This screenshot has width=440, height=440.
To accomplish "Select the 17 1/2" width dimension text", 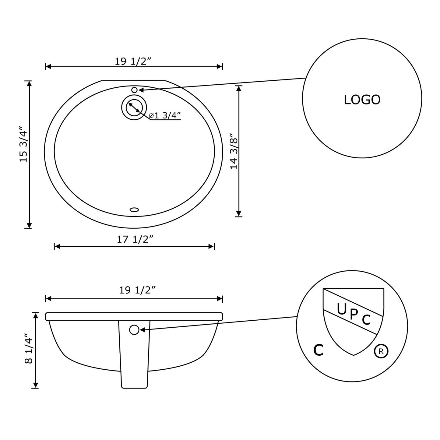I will tap(135, 240).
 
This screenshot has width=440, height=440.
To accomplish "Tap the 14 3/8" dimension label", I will tap(234, 151).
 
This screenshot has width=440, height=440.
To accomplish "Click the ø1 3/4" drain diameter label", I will tap(165, 115).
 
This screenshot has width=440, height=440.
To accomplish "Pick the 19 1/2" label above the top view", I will tap(133, 62).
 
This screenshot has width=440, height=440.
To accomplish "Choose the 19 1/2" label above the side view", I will tap(138, 290).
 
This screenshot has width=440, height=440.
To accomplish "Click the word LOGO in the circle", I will tap(362, 100).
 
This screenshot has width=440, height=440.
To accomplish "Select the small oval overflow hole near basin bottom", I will tap(134, 209).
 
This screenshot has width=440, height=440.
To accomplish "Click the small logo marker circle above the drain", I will tap(134, 90).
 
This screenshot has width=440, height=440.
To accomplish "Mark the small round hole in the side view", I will tap(134, 330).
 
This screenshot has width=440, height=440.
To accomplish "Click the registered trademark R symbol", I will tap(381, 351).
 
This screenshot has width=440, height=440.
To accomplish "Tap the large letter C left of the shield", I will tap(318, 350).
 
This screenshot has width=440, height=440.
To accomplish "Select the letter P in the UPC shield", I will tap(354, 314).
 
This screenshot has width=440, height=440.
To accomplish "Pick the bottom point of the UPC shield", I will tap(353, 355).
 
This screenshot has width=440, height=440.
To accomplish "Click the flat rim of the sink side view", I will tap(134, 316).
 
